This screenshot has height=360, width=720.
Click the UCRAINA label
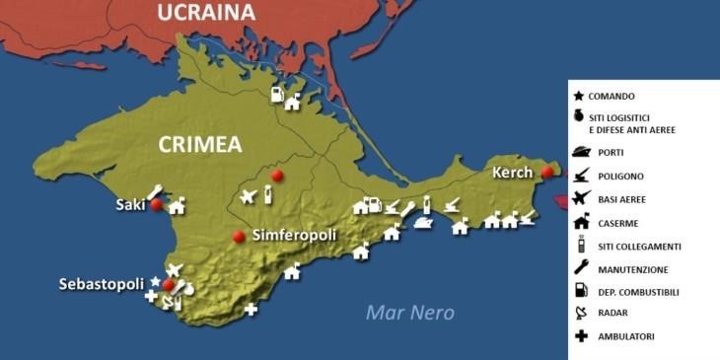point(206,13)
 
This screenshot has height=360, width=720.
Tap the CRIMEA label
point(200,145)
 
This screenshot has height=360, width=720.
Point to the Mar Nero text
point(410,313)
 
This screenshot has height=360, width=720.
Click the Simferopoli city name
point(295,236)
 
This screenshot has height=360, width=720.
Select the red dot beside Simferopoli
point(238,236)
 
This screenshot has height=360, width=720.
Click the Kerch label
point(513,173)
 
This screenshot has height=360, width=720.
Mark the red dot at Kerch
point(547,173)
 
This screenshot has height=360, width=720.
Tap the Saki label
point(130,205)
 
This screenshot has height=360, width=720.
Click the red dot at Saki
point(156,205)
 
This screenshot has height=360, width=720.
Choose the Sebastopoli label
point(102,283)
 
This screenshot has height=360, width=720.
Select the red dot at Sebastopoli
point(168,285)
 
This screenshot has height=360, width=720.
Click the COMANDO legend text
point(612,97)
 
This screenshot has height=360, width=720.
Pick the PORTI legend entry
point(611,153)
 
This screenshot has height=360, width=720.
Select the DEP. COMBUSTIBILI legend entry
point(638,292)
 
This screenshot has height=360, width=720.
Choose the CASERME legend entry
point(617,223)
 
